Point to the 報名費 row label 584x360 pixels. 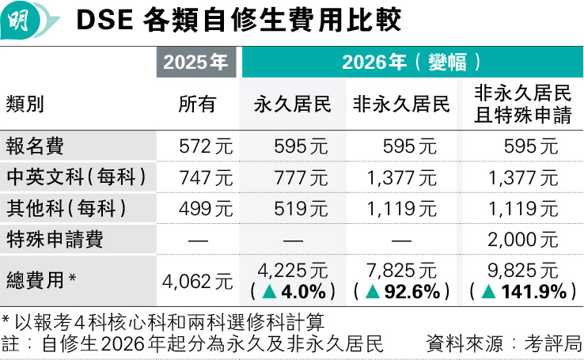tap(35, 146)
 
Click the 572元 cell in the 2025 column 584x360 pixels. tap(207, 146)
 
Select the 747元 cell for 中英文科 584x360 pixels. tap(207, 178)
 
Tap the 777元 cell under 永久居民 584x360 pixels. tap(301, 178)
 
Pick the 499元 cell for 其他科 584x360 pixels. tap(207, 209)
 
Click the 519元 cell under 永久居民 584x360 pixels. tap(301, 209)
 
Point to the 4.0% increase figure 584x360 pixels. tap(305, 292)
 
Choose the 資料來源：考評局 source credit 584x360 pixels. tap(503, 344)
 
